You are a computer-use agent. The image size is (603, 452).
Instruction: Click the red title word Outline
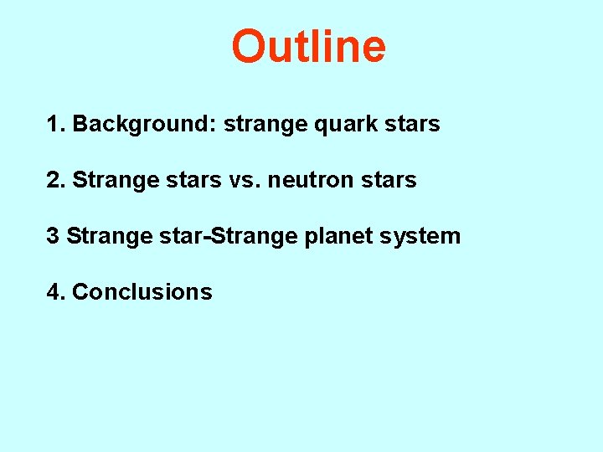(x=308, y=46)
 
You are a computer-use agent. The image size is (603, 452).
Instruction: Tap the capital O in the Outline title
(x=248, y=47)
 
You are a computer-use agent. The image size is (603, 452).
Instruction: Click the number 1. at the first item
(x=56, y=125)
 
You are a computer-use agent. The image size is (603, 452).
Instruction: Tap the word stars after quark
(x=410, y=125)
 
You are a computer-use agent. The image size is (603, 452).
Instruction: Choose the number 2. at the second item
(x=56, y=180)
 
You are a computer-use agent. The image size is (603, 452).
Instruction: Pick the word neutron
(x=306, y=181)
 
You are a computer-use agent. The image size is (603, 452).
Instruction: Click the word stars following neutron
(x=386, y=181)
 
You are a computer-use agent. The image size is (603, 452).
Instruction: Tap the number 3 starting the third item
(x=52, y=236)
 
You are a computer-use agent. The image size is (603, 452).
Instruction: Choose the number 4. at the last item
(x=56, y=292)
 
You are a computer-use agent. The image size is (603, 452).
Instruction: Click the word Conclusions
(x=142, y=292)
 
